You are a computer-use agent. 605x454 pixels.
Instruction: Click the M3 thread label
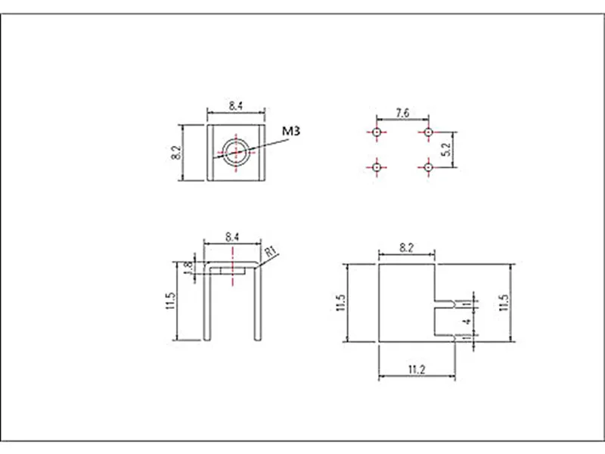tap(291, 131)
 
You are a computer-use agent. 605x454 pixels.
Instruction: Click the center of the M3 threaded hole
tap(236, 152)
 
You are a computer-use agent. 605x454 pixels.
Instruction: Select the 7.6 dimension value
tap(402, 113)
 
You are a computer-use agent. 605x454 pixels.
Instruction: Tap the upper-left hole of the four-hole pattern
tap(377, 132)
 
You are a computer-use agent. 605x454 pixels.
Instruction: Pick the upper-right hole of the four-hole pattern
tap(428, 132)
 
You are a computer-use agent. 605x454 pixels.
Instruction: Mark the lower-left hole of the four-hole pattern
tap(377, 167)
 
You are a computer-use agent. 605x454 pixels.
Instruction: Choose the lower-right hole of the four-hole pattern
tap(428, 167)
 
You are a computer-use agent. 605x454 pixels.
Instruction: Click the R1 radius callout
tap(271, 251)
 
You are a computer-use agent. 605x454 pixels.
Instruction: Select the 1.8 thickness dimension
tap(188, 268)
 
